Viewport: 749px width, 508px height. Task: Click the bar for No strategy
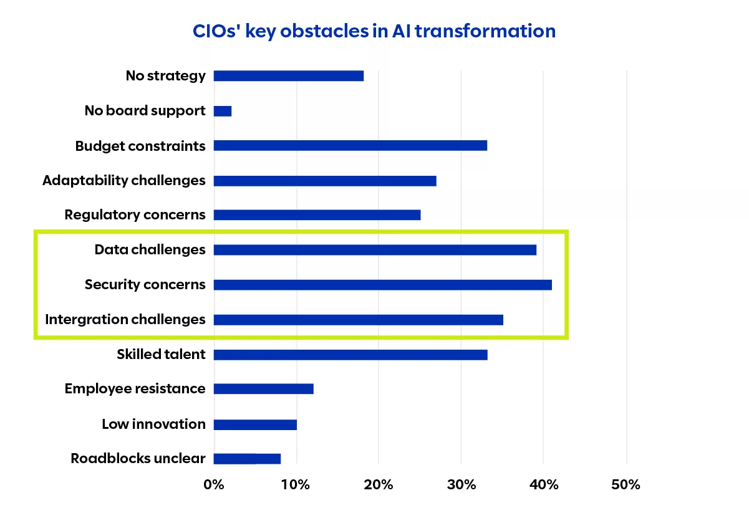[x=288, y=76]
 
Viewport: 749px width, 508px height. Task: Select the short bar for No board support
[x=223, y=111]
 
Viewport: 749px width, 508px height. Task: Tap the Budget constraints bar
[x=350, y=146]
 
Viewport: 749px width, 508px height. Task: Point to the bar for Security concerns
[x=382, y=285]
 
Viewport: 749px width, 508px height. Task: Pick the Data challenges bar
[x=375, y=250]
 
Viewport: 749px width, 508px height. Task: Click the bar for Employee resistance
[x=263, y=389]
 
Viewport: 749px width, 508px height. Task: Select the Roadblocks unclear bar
[x=247, y=459]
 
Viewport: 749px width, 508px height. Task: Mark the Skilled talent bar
[x=350, y=355]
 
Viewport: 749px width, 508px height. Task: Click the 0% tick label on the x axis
[x=214, y=484]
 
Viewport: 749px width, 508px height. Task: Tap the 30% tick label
[x=461, y=484]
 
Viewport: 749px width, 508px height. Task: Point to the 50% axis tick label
[x=626, y=484]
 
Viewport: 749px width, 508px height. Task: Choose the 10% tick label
[x=296, y=484]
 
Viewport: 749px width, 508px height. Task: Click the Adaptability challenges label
[x=123, y=181]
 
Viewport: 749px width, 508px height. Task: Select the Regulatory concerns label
[x=135, y=215]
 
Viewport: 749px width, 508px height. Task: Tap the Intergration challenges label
[x=125, y=320]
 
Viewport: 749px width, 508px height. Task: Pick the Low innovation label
[x=153, y=424]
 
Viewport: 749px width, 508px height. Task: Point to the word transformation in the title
[x=485, y=31]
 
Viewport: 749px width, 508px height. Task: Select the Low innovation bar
[x=255, y=424]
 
